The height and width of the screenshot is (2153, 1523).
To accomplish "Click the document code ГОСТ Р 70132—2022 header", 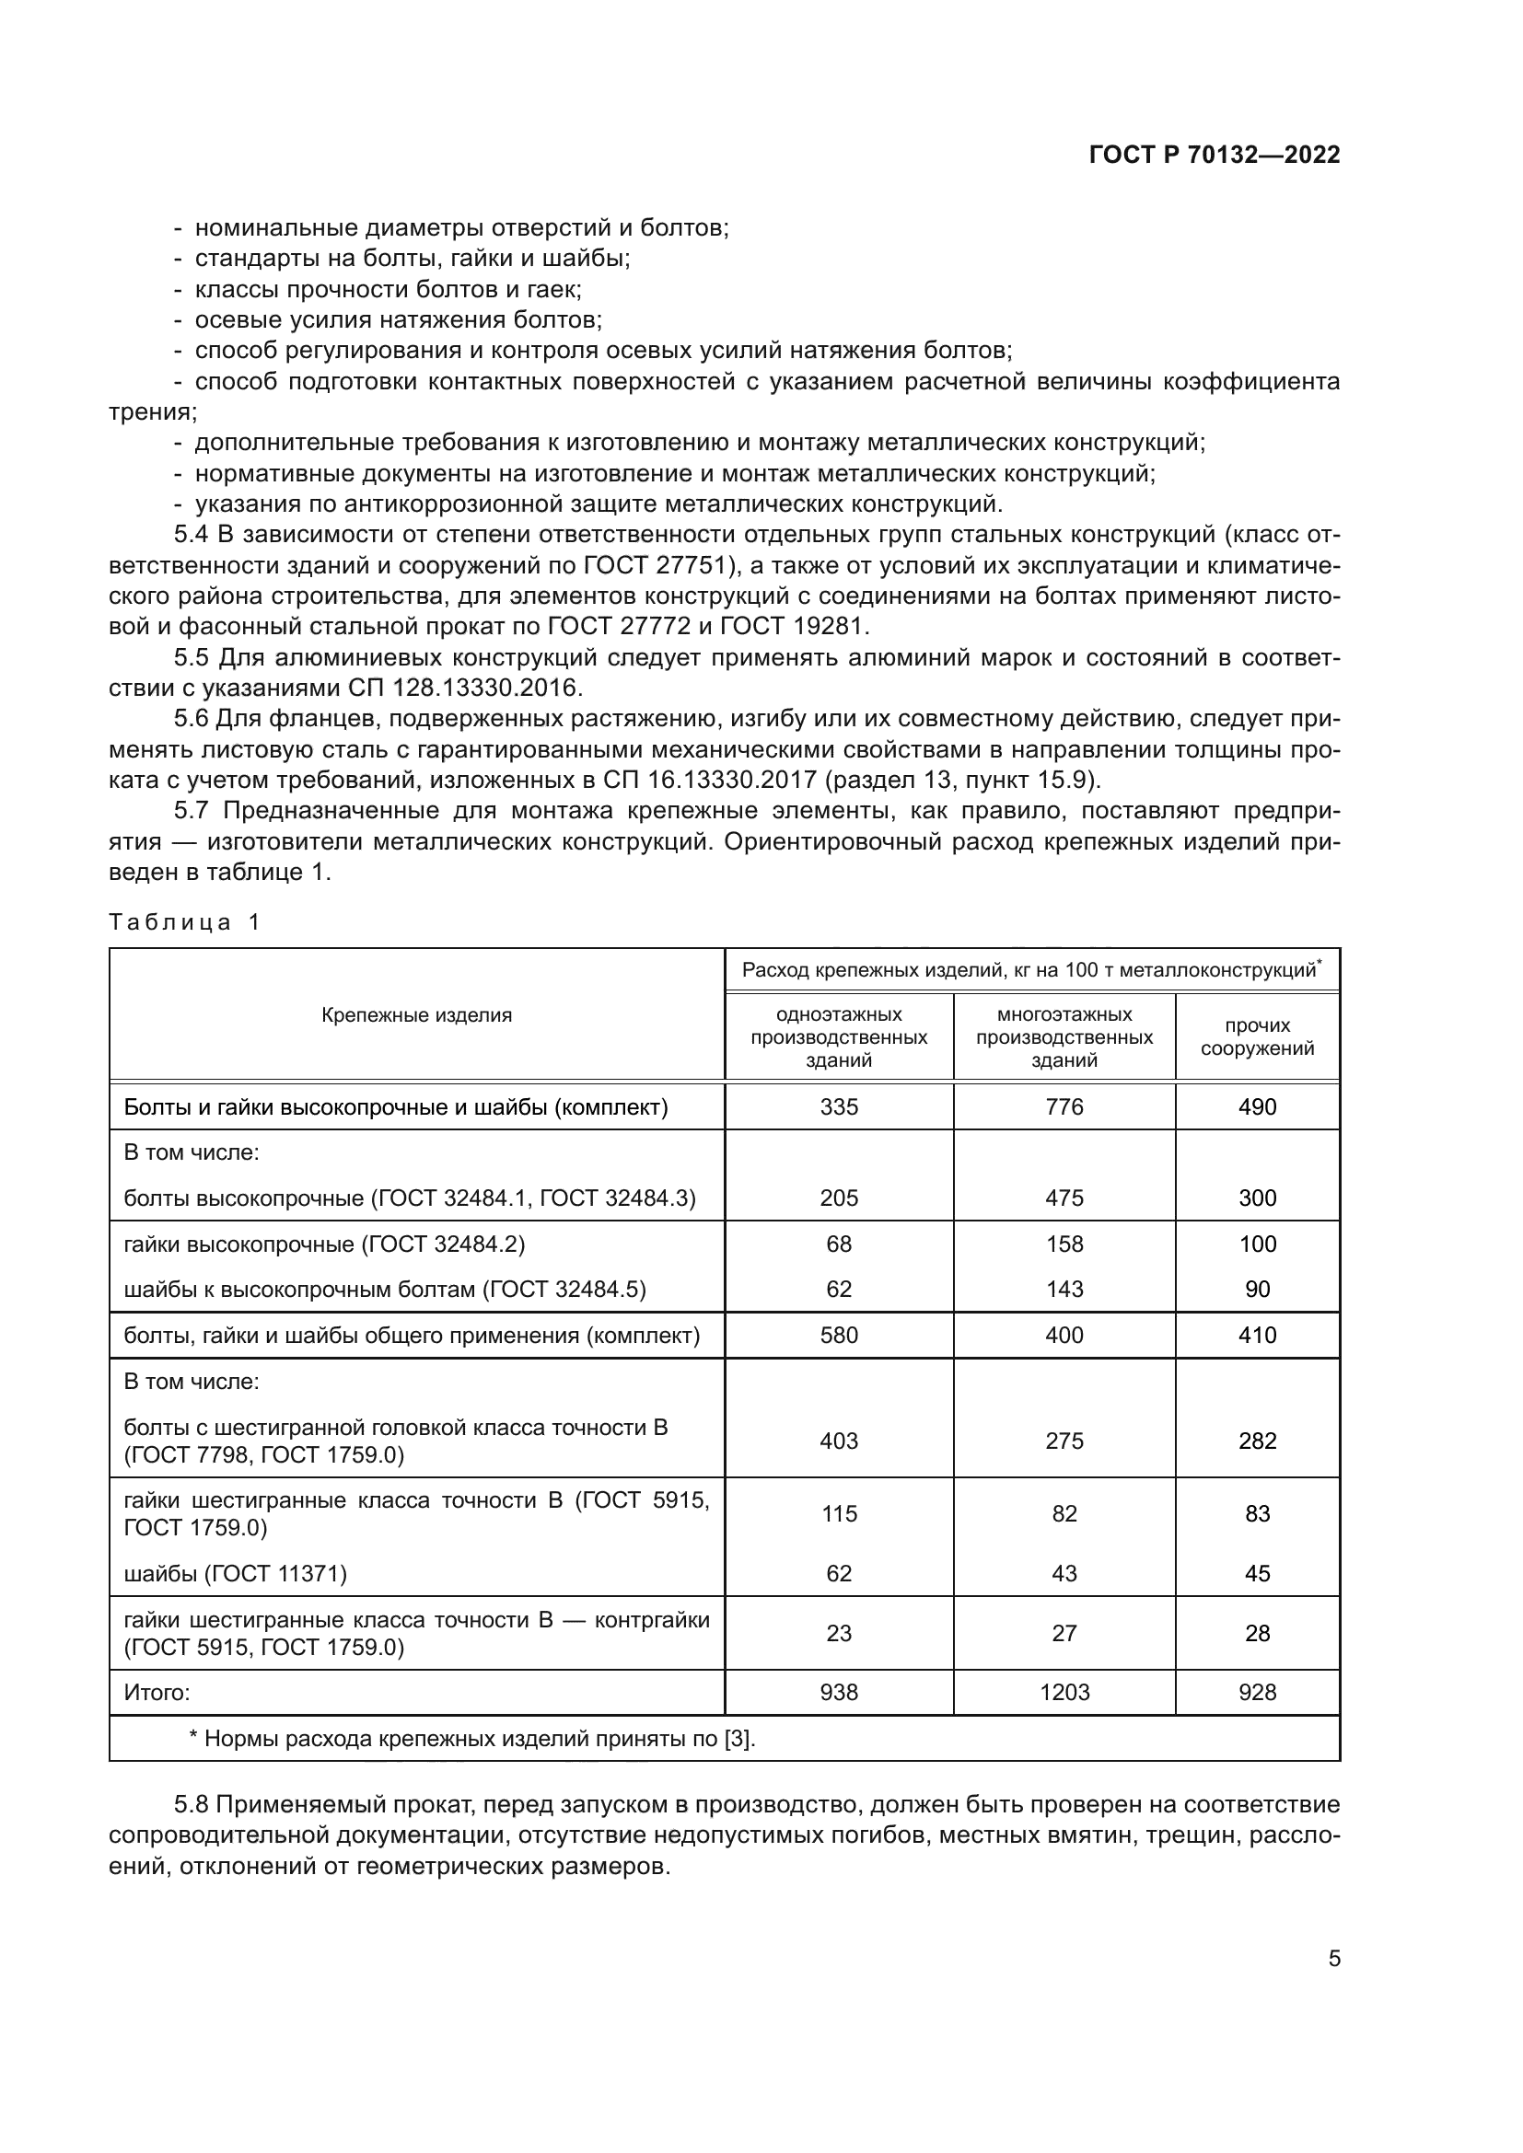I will pos(1214,155).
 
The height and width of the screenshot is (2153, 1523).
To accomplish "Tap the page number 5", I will pos(1333,1958).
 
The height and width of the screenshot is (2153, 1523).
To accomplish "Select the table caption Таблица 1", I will pos(184,922).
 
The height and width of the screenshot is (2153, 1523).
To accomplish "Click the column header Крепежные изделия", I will pos(416,1014).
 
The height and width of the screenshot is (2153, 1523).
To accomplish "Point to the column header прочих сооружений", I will pos(1257,1037).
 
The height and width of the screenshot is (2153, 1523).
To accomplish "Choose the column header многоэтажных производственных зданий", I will pos(1064,1037).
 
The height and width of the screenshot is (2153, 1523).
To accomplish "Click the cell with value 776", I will pos(1064,1107).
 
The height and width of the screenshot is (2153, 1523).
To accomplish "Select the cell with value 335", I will pos(839,1107).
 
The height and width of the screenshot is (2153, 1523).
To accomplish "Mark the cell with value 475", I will pos(1064,1198).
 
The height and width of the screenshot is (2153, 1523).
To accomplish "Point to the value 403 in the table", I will pos(839,1441).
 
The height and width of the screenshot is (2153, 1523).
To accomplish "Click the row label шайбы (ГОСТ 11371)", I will pos(236,1573).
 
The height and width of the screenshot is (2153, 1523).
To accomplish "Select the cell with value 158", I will pos(1064,1244).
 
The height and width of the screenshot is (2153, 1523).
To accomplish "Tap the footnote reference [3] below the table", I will pos(738,1740).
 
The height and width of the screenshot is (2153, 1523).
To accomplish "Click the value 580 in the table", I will pos(839,1336).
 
